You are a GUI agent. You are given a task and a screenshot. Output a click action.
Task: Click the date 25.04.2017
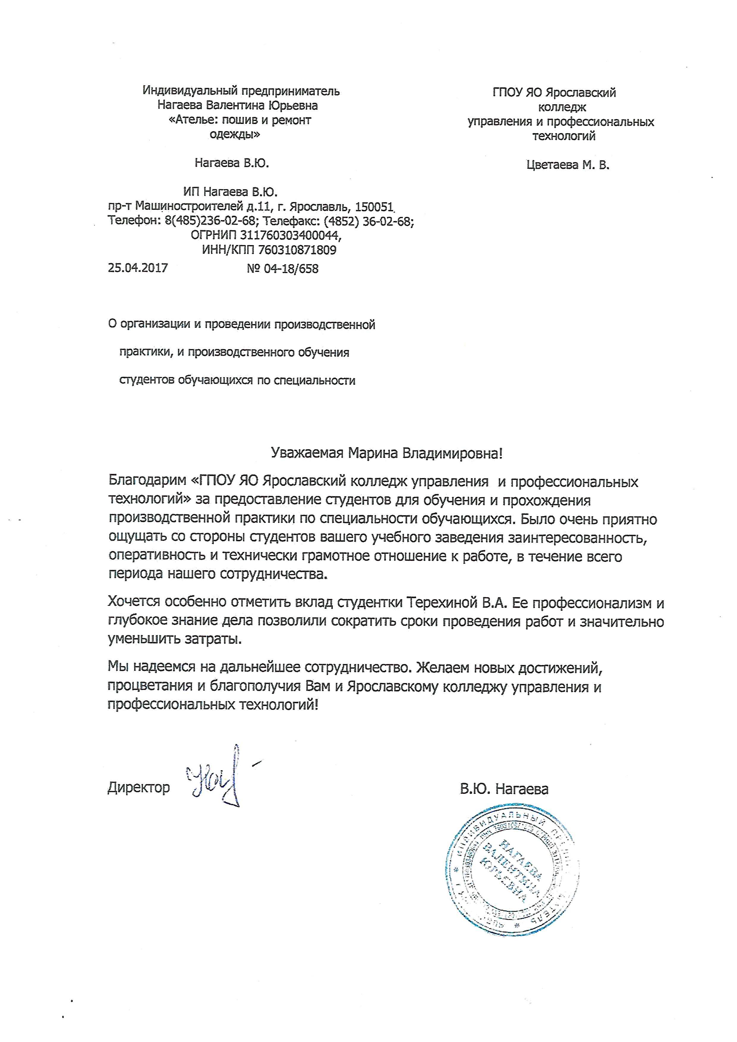click(x=138, y=268)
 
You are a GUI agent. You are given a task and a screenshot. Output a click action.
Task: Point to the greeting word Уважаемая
click(x=307, y=453)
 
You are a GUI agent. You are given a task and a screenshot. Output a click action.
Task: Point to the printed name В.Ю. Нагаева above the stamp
click(x=504, y=789)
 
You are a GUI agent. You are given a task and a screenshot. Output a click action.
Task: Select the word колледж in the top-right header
click(x=562, y=108)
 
